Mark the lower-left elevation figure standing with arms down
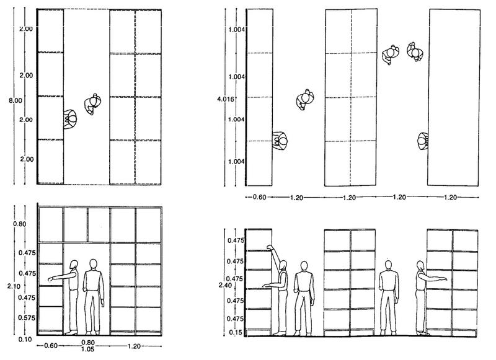(x=94, y=297)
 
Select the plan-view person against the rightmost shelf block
(x=423, y=141)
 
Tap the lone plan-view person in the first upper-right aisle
(x=304, y=98)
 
